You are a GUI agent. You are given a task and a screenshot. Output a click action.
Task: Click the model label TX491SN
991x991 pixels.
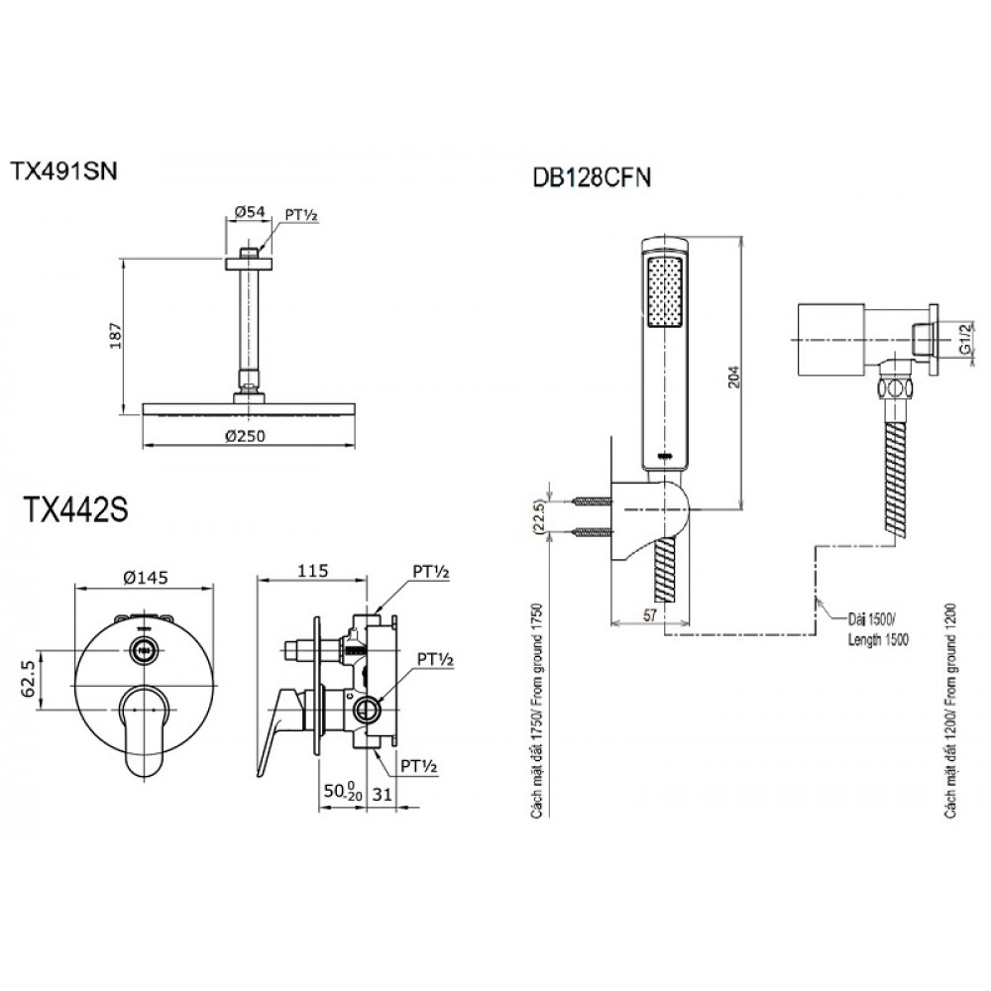pyautogui.click(x=63, y=171)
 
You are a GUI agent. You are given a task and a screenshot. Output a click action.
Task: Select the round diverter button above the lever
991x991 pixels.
pyautogui.click(x=146, y=650)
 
